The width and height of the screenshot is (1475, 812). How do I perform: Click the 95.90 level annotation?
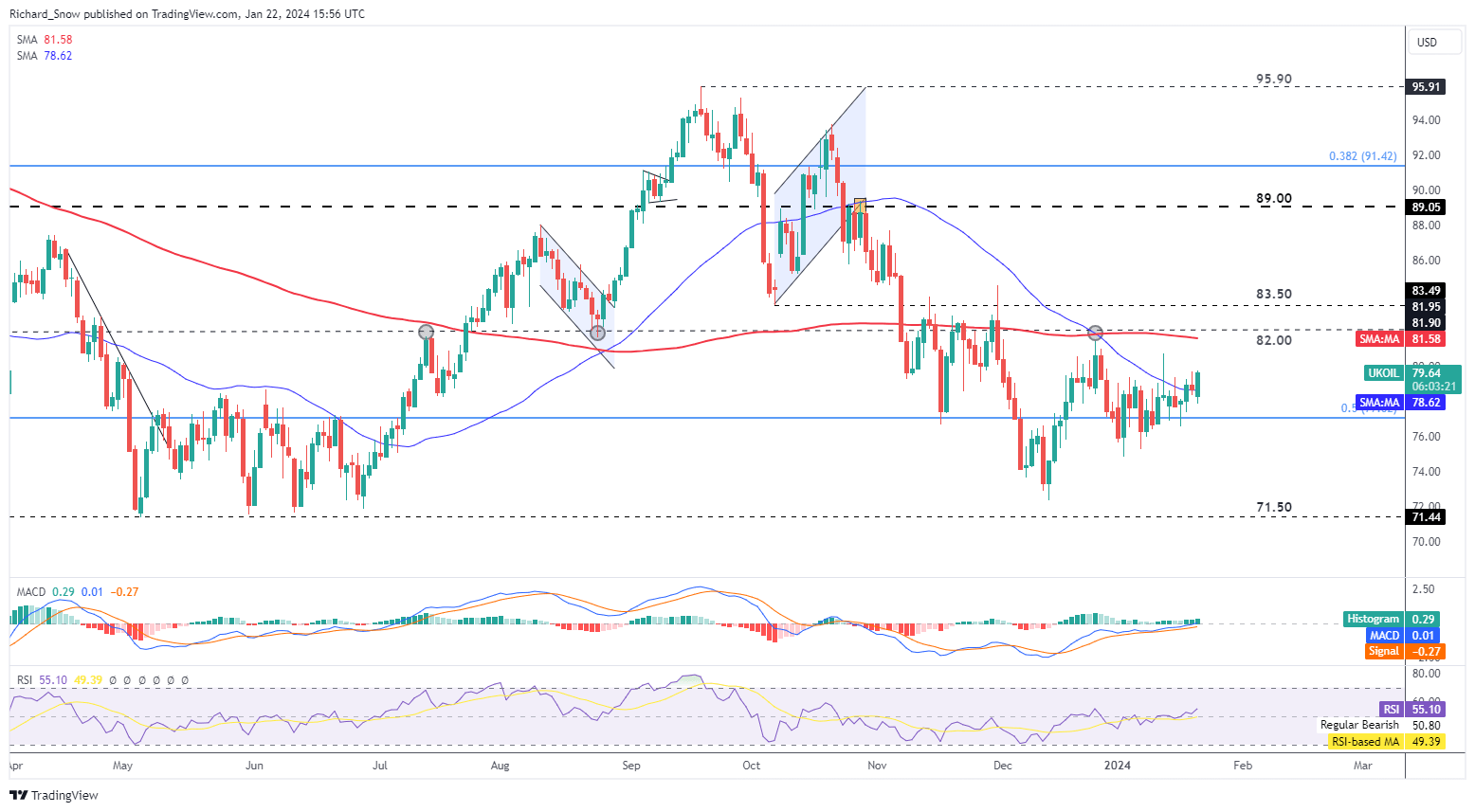(1273, 80)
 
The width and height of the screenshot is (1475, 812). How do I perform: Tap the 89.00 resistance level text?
(1273, 199)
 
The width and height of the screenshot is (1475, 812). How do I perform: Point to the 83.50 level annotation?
(1273, 295)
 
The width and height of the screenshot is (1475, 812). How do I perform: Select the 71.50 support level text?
(1273, 508)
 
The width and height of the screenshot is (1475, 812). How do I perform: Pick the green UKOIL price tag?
(1383, 373)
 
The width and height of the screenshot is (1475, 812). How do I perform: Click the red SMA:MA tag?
(1379, 339)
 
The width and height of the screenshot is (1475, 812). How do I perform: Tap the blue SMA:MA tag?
(1379, 403)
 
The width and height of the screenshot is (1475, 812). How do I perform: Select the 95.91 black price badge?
(1426, 87)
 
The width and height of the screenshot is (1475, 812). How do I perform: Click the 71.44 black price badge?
(1426, 517)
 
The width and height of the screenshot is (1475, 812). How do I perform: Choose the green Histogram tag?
(1373, 619)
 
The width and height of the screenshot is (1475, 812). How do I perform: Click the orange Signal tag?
(1383, 652)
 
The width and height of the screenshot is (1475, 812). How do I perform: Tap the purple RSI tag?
(1391, 710)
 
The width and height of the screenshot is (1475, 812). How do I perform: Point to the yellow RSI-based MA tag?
(1364, 742)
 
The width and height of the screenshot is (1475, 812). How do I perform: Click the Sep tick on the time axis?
(631, 766)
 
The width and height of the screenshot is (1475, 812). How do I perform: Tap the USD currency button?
(1427, 43)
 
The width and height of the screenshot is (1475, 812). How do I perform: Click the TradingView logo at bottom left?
(55, 795)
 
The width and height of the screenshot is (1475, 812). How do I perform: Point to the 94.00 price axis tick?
(1426, 120)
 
